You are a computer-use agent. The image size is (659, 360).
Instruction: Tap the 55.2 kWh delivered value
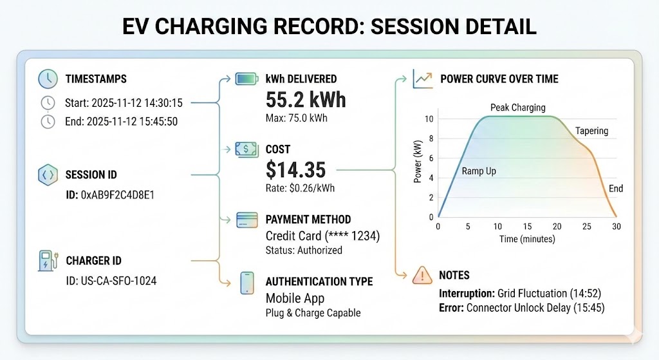click(x=306, y=100)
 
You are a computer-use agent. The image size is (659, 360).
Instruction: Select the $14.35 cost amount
click(x=295, y=169)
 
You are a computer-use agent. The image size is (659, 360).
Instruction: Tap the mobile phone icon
click(x=248, y=283)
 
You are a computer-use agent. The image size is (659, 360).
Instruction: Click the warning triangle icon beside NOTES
click(x=422, y=275)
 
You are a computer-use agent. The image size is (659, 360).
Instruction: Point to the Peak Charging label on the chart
click(x=517, y=108)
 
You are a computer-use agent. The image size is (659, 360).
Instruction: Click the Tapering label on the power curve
click(x=591, y=131)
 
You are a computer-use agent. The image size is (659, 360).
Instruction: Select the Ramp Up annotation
click(x=479, y=171)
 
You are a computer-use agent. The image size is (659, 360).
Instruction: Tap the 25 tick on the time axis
click(x=586, y=227)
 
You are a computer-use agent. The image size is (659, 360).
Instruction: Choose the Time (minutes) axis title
click(x=526, y=239)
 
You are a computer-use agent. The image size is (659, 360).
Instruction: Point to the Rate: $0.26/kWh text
click(x=300, y=189)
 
